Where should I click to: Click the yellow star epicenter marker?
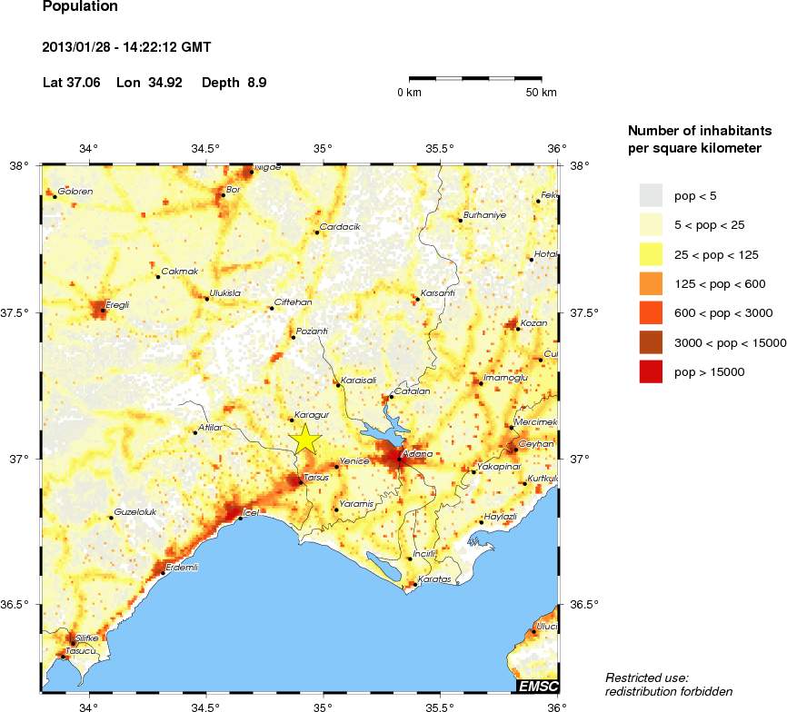click(306, 438)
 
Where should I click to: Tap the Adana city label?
click(413, 452)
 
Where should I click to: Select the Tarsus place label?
click(315, 477)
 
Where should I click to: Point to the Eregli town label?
click(118, 305)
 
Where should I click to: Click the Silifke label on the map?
click(85, 638)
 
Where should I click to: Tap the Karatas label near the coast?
click(433, 578)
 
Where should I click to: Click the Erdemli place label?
click(179, 567)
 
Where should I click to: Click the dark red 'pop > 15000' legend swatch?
click(652, 371)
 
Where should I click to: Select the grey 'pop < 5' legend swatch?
click(652, 195)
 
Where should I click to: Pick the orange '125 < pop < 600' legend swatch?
click(652, 283)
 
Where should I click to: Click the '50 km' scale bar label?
click(542, 93)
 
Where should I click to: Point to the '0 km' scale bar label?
click(409, 93)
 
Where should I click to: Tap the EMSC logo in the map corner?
click(538, 685)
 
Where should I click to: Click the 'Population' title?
click(80, 6)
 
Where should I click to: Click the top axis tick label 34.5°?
click(205, 149)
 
